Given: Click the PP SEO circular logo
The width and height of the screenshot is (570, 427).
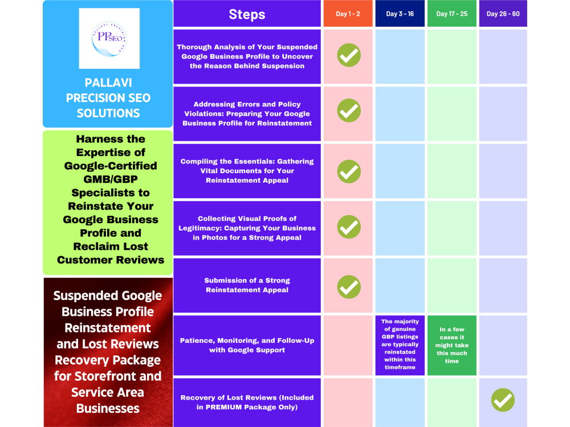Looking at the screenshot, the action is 109,39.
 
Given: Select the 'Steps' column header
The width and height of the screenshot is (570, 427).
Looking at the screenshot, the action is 247,14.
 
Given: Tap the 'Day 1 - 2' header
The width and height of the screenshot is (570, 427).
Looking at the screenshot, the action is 348,14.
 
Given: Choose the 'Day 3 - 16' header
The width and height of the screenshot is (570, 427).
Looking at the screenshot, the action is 400,14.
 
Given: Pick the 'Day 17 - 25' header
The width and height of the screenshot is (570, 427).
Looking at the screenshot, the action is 452,14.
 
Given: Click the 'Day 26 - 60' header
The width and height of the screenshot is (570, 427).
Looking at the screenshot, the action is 503,14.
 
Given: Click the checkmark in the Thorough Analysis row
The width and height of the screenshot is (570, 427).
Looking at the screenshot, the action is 349,55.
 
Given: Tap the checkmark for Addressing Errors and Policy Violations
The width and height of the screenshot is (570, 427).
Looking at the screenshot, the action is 349,110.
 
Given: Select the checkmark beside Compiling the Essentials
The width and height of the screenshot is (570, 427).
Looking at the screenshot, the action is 349,171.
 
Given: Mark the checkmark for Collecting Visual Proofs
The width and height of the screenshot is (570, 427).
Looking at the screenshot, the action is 349,227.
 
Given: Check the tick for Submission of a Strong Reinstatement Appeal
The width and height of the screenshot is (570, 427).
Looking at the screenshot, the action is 349,287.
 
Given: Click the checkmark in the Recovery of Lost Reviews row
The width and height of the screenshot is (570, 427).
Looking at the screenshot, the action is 503,400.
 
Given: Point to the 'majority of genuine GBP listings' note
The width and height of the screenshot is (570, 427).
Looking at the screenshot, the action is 400,344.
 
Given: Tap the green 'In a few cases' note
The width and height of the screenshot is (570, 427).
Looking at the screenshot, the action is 452,345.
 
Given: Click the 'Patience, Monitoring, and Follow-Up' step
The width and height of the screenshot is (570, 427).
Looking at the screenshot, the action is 247,346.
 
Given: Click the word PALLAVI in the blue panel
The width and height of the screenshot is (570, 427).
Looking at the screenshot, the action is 108,83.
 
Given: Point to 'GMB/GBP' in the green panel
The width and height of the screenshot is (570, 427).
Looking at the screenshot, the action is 111,179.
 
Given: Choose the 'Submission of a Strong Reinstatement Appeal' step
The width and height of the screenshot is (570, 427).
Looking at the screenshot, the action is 247,285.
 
